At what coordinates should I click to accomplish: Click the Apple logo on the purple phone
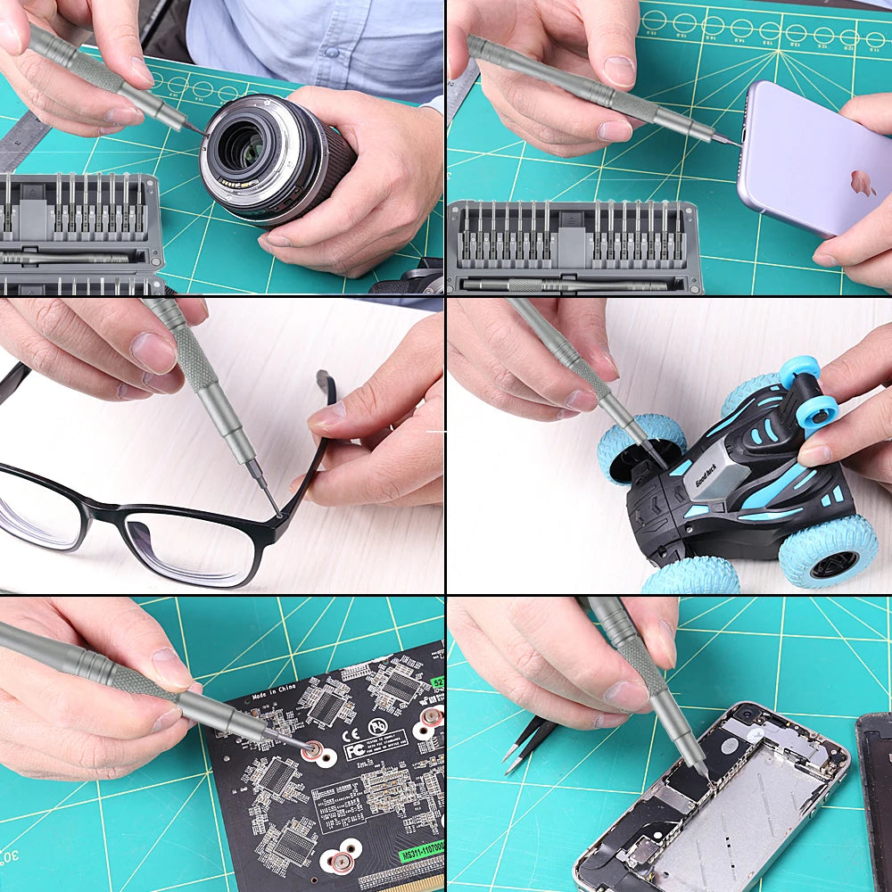pyautogui.click(x=862, y=183)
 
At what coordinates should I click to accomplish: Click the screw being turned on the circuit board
pyautogui.click(x=314, y=750)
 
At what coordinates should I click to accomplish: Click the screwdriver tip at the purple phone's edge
pyautogui.click(x=735, y=143)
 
